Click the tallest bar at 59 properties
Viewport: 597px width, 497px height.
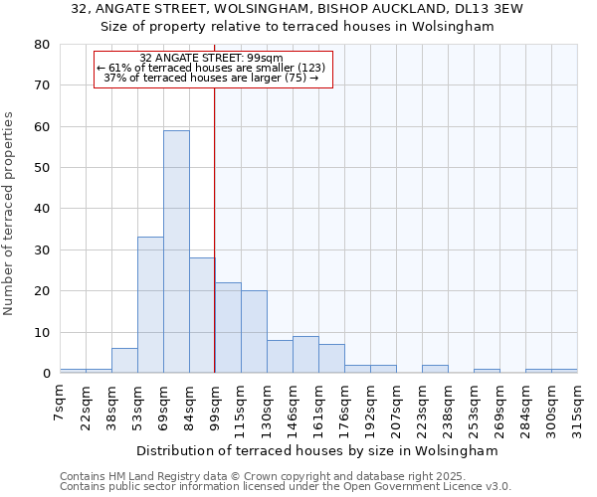click(x=176, y=251)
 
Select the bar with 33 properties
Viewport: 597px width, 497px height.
click(x=150, y=304)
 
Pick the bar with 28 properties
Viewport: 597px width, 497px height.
click(x=202, y=315)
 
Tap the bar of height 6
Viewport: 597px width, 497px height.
click(x=124, y=361)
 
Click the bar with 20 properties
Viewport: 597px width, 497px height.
click(x=254, y=332)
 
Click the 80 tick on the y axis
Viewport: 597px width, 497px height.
click(x=41, y=45)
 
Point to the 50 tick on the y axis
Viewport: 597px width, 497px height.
click(x=41, y=168)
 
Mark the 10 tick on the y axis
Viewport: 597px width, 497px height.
click(x=41, y=332)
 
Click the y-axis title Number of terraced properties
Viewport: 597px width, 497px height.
click(x=9, y=214)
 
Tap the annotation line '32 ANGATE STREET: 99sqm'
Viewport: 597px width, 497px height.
click(x=211, y=59)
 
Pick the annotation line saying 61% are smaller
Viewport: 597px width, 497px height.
click(x=211, y=68)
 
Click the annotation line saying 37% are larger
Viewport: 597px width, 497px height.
click(x=211, y=78)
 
